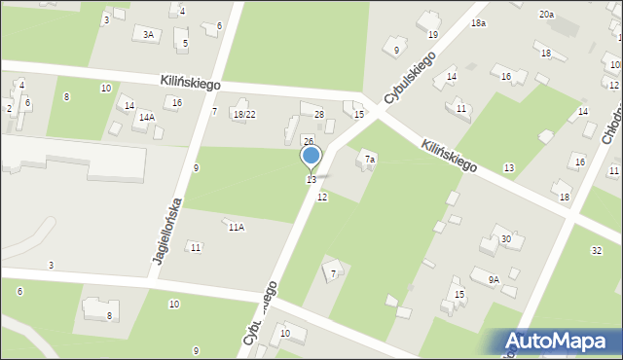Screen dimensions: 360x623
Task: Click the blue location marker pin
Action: coord(311,156)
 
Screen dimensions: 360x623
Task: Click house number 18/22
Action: coord(244,114)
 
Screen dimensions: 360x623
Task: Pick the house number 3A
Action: coord(148,34)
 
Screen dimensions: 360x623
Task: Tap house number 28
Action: coord(318,115)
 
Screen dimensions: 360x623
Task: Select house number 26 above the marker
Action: coord(308,142)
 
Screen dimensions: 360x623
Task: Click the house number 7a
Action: coord(370,158)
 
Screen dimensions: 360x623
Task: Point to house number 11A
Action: coord(236,227)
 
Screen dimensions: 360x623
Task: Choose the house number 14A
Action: coord(146,117)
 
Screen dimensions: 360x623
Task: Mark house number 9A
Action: coord(494,279)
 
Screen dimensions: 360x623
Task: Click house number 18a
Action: coord(478,21)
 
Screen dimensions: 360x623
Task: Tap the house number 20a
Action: coord(547,15)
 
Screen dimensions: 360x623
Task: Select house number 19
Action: coord(432,35)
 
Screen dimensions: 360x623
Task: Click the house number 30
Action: coord(505,239)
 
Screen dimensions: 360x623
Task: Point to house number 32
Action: coord(596,250)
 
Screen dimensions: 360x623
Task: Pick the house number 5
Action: coord(185,43)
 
